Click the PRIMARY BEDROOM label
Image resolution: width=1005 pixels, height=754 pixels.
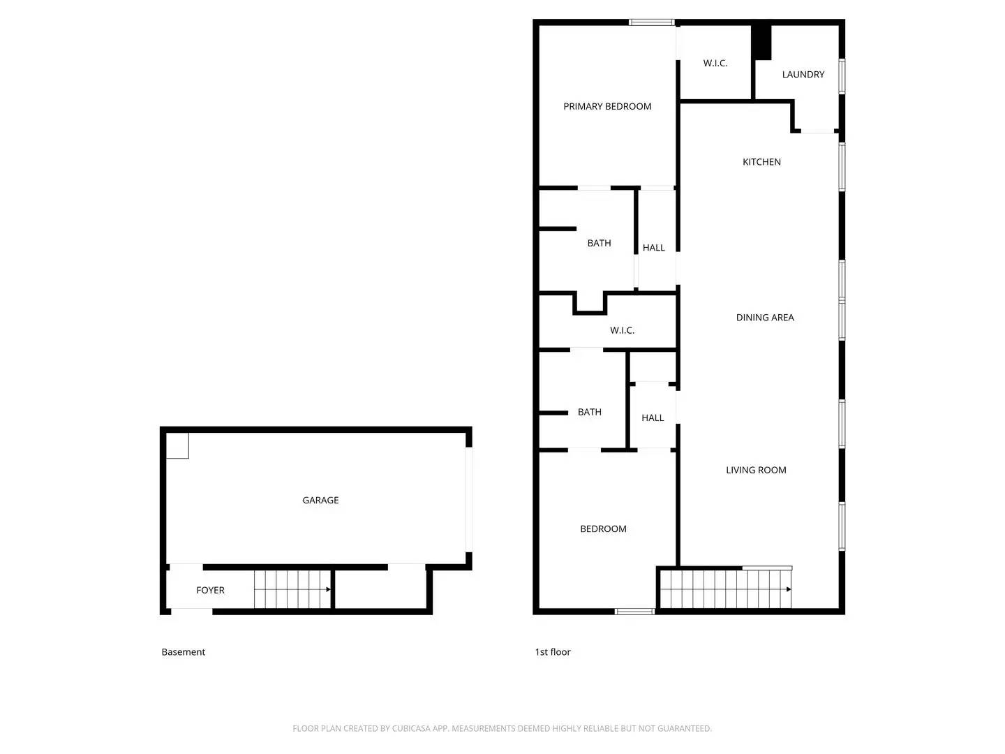pyautogui.click(x=607, y=106)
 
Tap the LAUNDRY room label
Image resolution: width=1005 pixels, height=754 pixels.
pyautogui.click(x=803, y=74)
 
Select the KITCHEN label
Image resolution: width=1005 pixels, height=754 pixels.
pyautogui.click(x=761, y=162)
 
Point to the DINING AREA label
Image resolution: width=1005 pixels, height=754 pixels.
pyautogui.click(x=765, y=318)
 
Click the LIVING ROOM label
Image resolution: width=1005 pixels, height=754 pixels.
pyautogui.click(x=756, y=470)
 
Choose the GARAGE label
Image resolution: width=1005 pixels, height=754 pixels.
pyautogui.click(x=320, y=500)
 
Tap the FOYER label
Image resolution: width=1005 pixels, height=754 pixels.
pyautogui.click(x=210, y=590)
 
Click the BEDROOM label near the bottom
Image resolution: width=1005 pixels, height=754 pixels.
pyautogui.click(x=603, y=529)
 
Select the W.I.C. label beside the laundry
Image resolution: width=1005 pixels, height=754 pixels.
pyautogui.click(x=715, y=64)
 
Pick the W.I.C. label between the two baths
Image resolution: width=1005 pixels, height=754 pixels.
pyautogui.click(x=622, y=330)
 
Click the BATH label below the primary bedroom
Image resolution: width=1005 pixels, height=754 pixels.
pyautogui.click(x=599, y=243)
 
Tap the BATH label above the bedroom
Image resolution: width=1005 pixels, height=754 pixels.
pyautogui.click(x=589, y=412)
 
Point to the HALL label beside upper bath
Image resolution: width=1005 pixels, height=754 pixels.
pyautogui.click(x=653, y=248)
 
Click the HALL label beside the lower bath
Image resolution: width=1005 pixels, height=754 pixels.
pyautogui.click(x=653, y=417)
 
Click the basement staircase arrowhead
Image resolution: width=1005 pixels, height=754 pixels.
pyautogui.click(x=328, y=589)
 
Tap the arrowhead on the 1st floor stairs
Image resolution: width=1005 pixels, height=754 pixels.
pyautogui.click(x=789, y=589)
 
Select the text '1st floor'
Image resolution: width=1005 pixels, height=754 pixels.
pyautogui.click(x=553, y=652)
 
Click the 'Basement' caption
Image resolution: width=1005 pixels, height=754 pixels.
pyautogui.click(x=183, y=652)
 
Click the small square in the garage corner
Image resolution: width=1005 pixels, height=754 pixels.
pyautogui.click(x=177, y=446)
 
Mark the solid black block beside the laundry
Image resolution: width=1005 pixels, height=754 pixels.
pyautogui.click(x=761, y=43)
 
